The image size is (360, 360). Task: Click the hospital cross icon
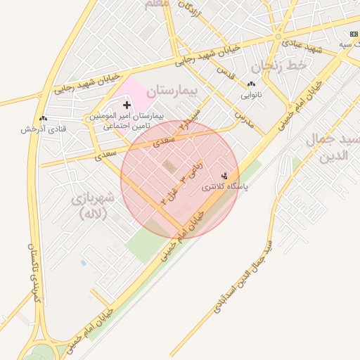click(x=127, y=105)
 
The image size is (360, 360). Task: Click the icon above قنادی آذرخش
click(x=44, y=118)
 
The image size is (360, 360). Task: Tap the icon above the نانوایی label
click(x=251, y=84)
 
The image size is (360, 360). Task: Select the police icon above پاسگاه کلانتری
click(x=225, y=175)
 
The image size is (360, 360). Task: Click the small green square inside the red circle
click(x=168, y=165)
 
